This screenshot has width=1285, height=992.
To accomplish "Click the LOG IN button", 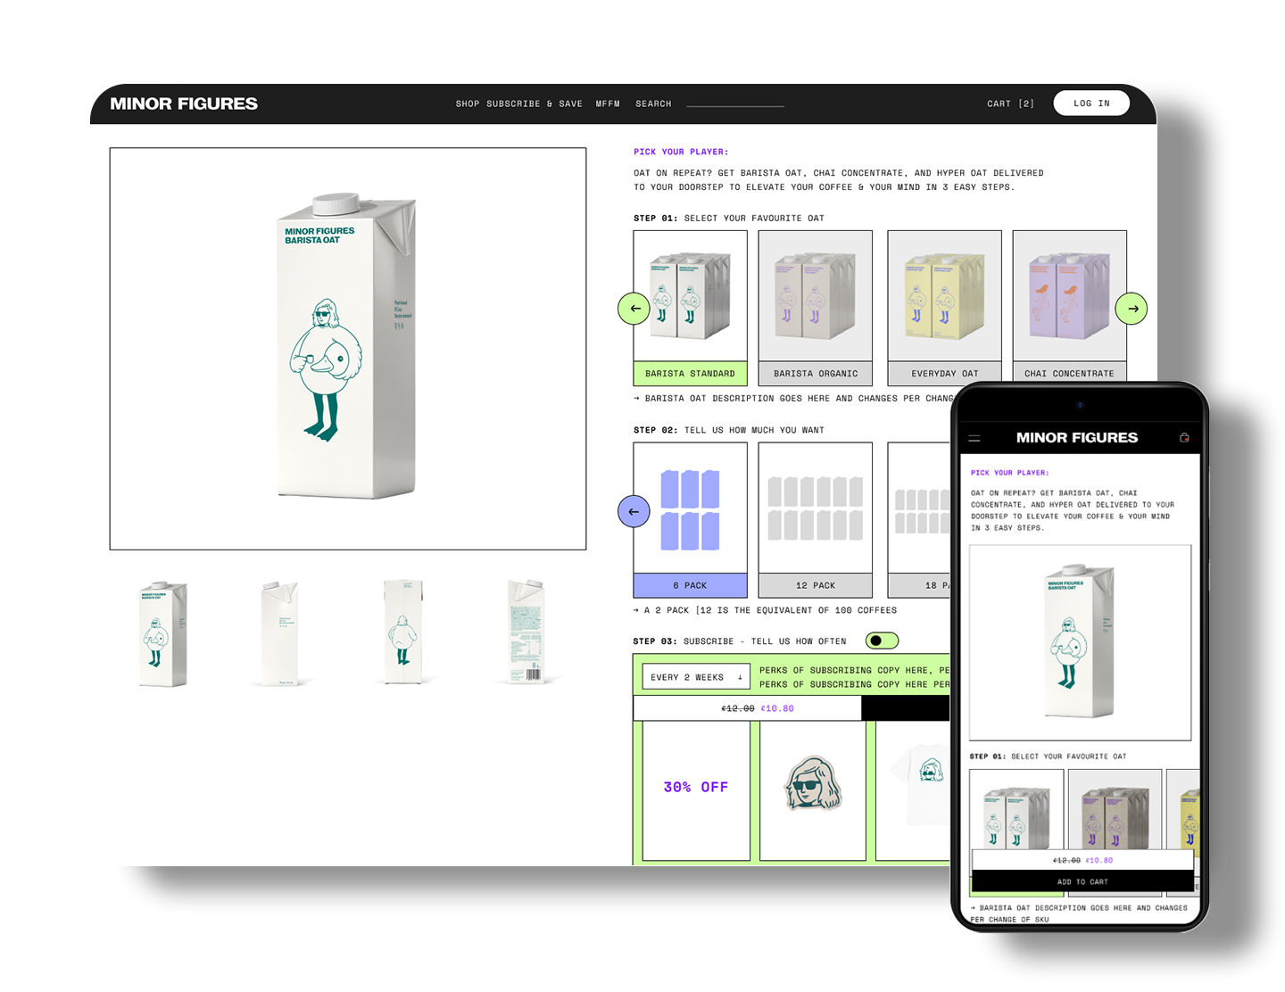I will click(1090, 103).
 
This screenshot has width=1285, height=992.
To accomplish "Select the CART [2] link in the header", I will click(1010, 103).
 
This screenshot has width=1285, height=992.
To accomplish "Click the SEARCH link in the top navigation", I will click(653, 103).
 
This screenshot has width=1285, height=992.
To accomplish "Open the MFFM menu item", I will click(608, 103).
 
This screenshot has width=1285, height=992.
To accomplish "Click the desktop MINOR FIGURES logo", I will click(184, 103).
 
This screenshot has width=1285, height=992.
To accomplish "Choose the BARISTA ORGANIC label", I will click(815, 374).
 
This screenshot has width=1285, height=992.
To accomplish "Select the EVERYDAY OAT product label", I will click(944, 374).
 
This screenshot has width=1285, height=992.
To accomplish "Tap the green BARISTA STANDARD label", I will click(690, 374).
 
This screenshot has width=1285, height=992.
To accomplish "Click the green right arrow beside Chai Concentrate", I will click(1132, 309).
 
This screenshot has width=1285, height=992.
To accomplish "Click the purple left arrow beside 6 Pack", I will click(634, 511).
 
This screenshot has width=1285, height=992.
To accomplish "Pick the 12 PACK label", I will click(815, 585).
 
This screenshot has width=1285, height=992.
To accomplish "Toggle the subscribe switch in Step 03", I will click(882, 641).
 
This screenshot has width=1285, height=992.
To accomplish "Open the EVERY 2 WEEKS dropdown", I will click(696, 677).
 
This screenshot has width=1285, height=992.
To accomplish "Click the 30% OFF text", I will click(695, 787).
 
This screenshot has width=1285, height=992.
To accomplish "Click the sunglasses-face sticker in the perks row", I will click(813, 784).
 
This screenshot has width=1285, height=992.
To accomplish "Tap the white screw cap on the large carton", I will click(336, 203).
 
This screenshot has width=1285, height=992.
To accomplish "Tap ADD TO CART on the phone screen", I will click(1082, 881).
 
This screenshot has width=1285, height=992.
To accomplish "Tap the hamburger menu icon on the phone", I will click(974, 438).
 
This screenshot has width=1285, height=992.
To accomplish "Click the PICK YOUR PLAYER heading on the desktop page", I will click(680, 152).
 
